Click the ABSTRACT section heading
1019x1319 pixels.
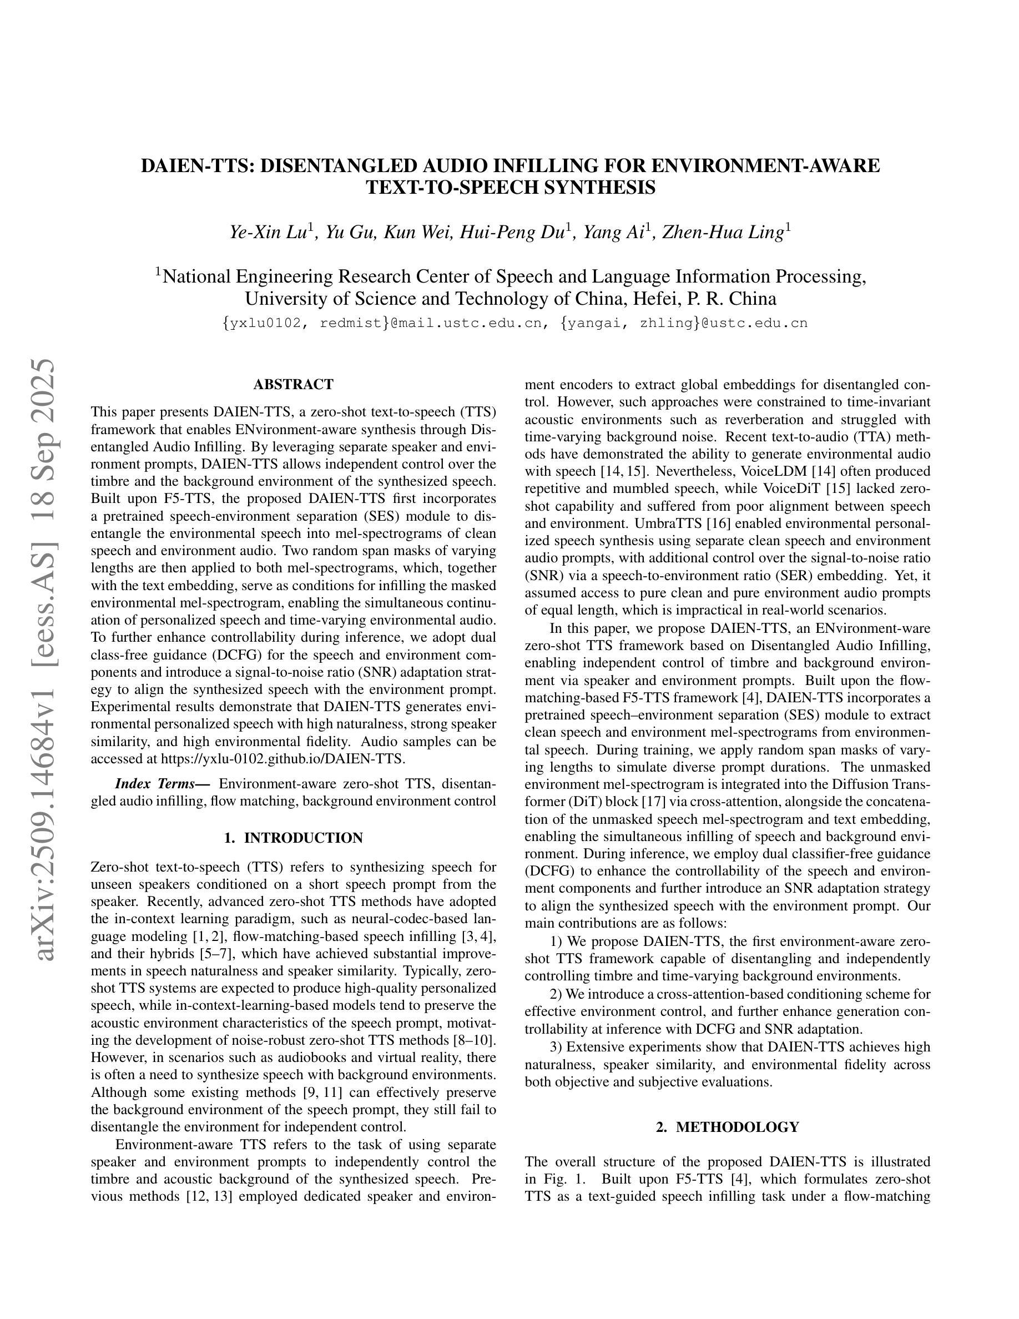293,385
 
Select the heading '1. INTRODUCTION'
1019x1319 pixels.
293,838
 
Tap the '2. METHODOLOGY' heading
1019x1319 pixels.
728,1127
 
